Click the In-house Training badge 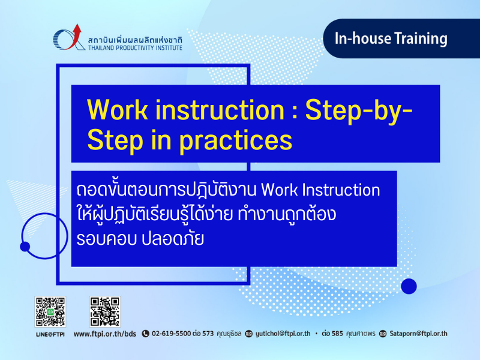coord(401,38)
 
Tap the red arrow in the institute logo coord(74,37)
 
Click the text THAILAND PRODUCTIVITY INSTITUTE coord(136,48)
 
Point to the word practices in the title coord(236,141)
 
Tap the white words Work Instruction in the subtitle coord(320,190)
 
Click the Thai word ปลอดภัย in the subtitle coord(173,239)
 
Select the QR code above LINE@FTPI coord(50,311)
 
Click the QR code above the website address coord(105,311)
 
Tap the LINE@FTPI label coord(50,334)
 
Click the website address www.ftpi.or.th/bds coord(104,334)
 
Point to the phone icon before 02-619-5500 coord(145,334)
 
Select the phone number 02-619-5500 coord(172,334)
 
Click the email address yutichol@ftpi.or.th coord(283,334)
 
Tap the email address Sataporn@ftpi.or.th coord(418,334)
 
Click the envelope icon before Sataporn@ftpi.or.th coord(383,334)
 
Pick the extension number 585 coord(337,334)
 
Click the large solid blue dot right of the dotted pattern coord(409,286)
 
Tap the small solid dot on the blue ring coord(25,247)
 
